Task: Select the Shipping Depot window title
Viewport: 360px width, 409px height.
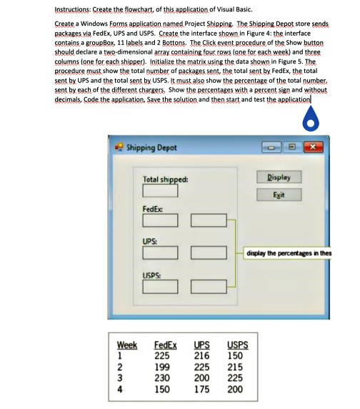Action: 151,149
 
